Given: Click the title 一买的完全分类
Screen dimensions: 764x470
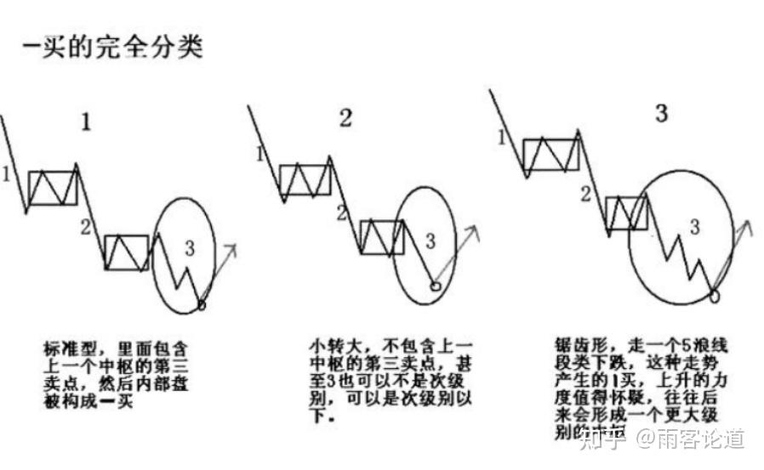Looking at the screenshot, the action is pyautogui.click(x=112, y=46).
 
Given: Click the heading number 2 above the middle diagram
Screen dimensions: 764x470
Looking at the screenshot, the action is pyautogui.click(x=345, y=118).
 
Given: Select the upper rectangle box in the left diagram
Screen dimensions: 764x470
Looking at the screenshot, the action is pyautogui.click(x=53, y=187).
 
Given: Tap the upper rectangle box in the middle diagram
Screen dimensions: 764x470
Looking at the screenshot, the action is pyautogui.click(x=305, y=180).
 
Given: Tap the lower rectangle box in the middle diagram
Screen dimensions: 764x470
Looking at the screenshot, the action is pyautogui.click(x=380, y=237).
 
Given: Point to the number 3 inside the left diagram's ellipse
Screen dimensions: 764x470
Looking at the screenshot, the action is pyautogui.click(x=189, y=247).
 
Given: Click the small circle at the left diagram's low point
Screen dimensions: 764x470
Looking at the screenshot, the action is pyautogui.click(x=201, y=303).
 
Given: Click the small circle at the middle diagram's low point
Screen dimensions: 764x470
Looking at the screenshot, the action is pyautogui.click(x=436, y=286).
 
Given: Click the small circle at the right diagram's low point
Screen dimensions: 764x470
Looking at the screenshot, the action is pyautogui.click(x=713, y=295).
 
